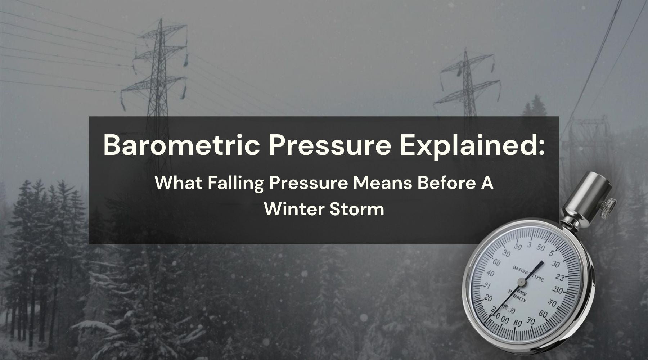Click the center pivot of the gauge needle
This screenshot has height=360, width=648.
point(521,282)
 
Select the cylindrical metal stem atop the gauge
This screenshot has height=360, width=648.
point(580,196)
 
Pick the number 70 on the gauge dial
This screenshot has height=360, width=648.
point(531,321)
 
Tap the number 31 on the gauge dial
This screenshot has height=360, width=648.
point(486,285)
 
